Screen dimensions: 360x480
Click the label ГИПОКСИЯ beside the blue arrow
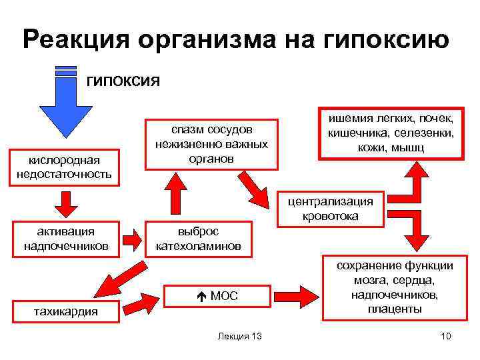pos(123,81)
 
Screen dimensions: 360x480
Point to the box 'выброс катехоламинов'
pos(198,239)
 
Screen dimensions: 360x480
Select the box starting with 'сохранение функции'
pos(394,287)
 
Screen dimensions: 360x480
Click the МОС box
pos(218,295)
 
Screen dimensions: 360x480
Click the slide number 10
pos(445,336)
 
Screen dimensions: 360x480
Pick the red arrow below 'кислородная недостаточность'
pos(65,203)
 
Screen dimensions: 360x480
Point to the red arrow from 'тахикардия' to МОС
pos(141,305)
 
